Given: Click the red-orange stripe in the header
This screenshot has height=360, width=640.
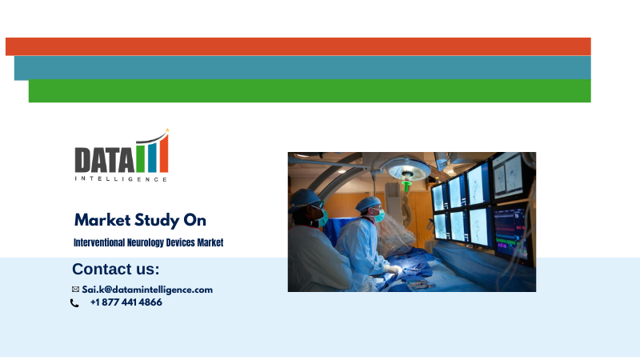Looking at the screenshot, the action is [298, 46].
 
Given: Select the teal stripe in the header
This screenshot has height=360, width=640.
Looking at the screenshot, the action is [302, 68].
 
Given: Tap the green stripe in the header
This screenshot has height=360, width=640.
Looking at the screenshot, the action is [310, 91].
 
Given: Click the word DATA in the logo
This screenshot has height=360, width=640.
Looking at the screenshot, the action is [105, 160].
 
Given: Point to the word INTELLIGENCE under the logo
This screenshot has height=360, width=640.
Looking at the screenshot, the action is [122, 178].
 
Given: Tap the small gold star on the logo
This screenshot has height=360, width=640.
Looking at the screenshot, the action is [167, 130].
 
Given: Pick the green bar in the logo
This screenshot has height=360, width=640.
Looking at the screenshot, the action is [140, 158].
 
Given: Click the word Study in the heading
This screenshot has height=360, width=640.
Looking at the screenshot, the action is [157, 221].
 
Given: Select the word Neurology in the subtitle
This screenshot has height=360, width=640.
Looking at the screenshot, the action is [146, 243].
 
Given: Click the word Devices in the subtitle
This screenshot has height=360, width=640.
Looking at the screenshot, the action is [181, 242].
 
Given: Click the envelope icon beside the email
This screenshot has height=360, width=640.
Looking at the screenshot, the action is [75, 290].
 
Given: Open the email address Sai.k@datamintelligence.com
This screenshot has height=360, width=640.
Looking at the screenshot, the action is [147, 290].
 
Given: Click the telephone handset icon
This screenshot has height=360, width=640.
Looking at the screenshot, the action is [74, 303].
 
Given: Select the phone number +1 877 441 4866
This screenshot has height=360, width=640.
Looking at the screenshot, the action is [126, 302].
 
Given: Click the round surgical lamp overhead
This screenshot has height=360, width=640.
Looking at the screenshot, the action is [408, 170].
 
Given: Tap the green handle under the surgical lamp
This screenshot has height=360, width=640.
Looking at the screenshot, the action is [406, 186].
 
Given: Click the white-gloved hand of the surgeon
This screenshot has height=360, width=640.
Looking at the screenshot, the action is [393, 269].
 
